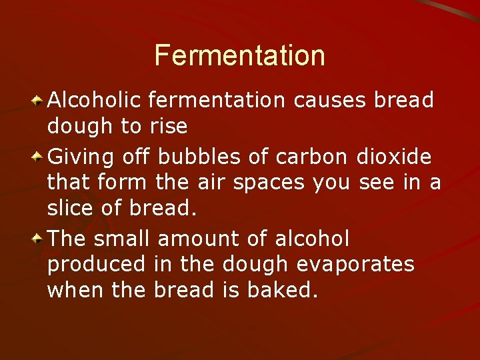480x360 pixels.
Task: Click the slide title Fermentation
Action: coord(240,55)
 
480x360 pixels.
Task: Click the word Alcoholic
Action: coord(95,101)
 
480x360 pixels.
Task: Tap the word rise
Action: coord(169,126)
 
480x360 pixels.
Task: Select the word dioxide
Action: coord(394,157)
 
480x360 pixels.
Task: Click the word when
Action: coord(74,291)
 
